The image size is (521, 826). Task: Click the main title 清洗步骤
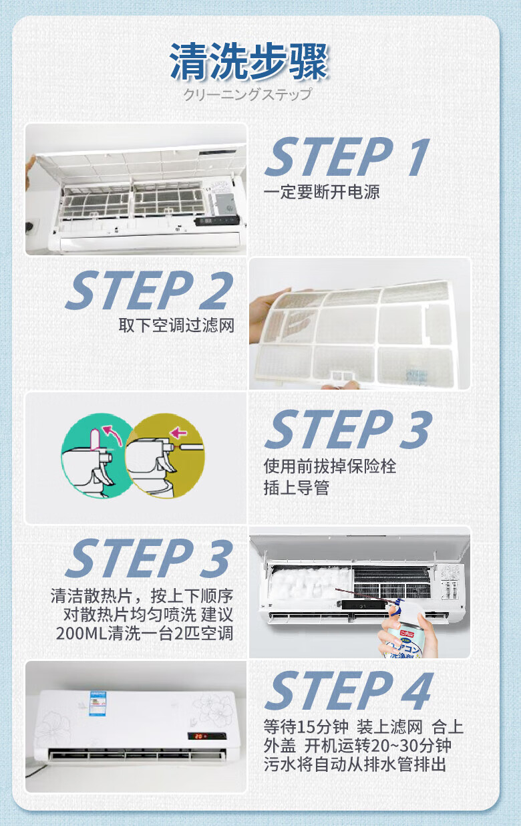pos(248,61)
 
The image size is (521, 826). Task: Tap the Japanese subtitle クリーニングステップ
pos(248,95)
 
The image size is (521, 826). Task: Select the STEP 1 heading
pos(347,157)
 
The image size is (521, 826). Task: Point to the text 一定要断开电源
pos(321,192)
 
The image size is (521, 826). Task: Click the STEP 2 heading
pos(149,291)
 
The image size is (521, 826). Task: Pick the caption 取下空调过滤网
pos(176,325)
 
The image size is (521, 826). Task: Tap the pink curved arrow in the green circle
pos(113,435)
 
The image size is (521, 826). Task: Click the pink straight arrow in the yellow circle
pos(179,432)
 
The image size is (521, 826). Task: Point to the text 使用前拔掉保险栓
pos(330,466)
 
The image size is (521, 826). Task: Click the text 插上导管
pos(297,488)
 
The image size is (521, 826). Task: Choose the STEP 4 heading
pos(348,690)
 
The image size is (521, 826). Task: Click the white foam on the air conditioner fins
pos(310,582)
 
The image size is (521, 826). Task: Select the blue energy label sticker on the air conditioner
pos(98,704)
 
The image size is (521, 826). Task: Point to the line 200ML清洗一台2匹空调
pos(144,634)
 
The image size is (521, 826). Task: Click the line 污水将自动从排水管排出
pos(355,765)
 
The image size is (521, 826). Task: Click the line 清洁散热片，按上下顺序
pos(142,595)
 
